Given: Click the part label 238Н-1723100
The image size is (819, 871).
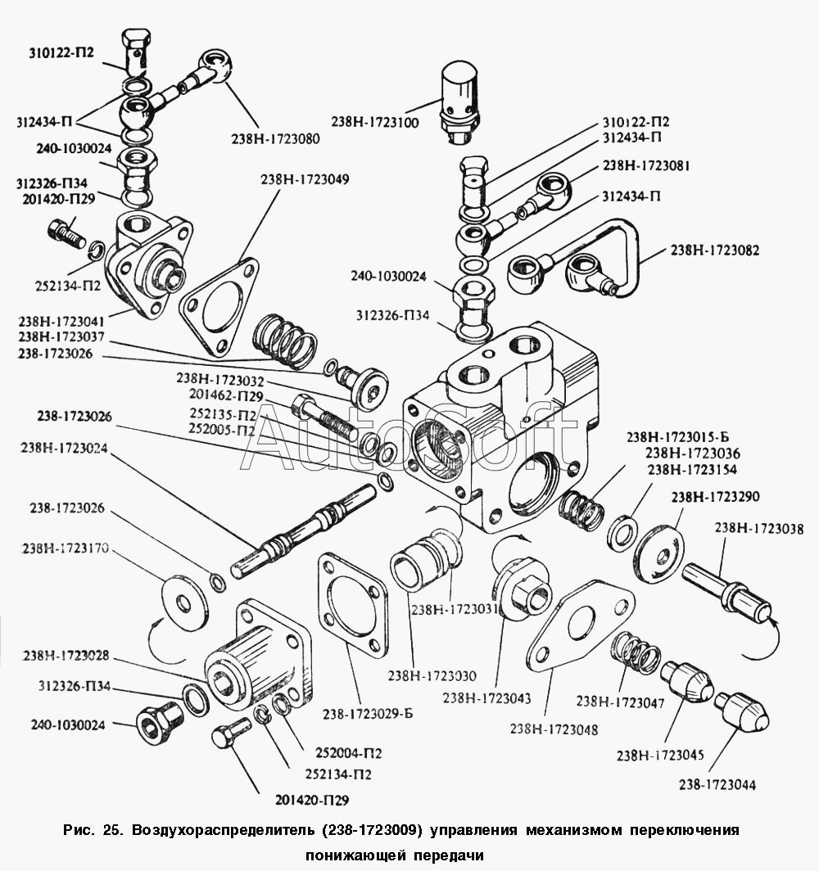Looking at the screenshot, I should pyautogui.click(x=375, y=122).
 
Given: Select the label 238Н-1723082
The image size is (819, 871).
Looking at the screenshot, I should pyautogui.click(x=714, y=250).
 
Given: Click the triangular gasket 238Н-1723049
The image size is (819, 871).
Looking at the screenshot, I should pyautogui.click(x=218, y=307).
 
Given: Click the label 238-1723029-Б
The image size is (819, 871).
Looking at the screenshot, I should pyautogui.click(x=369, y=713).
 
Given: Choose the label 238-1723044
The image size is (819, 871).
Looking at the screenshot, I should pyautogui.click(x=717, y=785).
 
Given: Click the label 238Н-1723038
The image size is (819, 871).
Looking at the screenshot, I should pyautogui.click(x=758, y=529).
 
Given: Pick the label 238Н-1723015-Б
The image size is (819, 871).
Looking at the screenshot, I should pyautogui.click(x=672, y=436).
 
